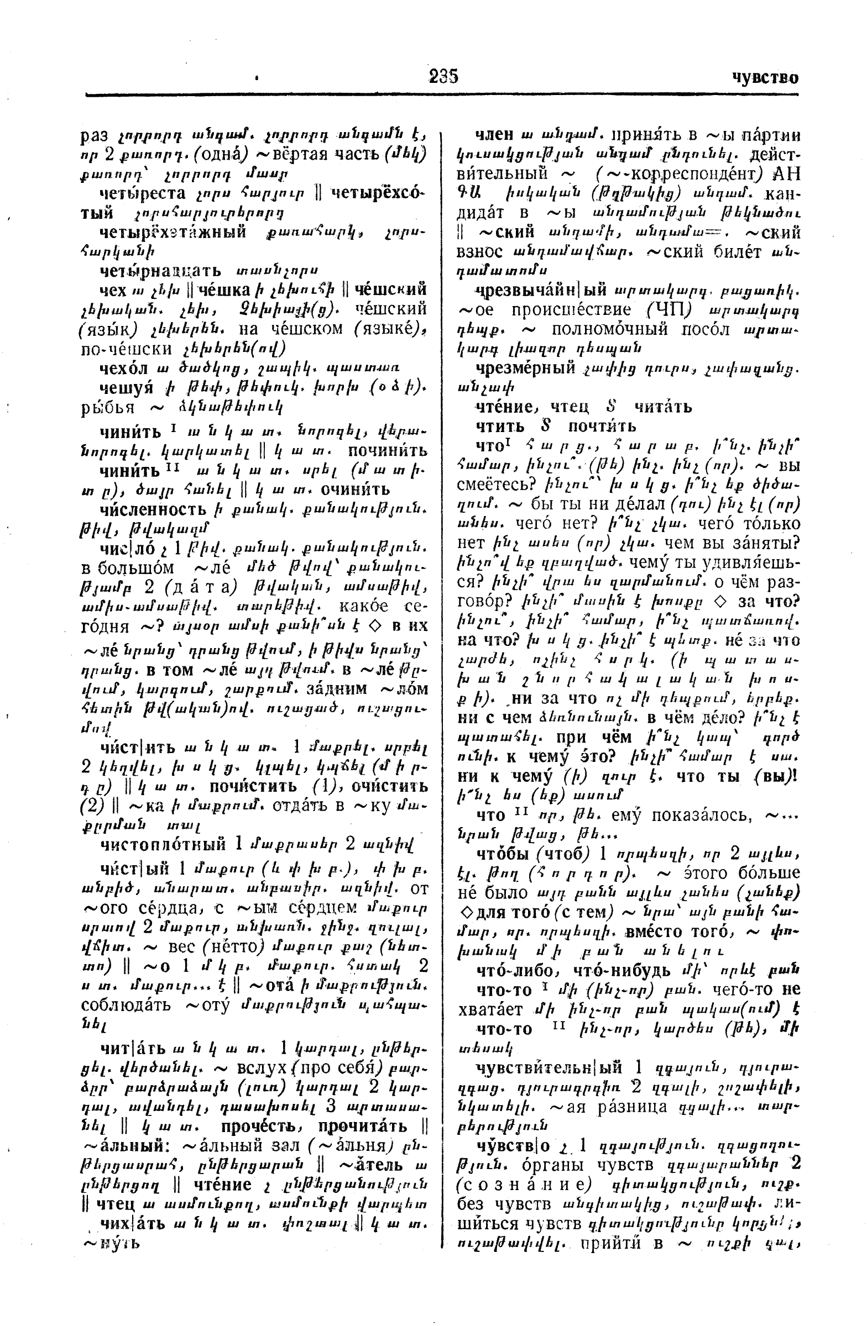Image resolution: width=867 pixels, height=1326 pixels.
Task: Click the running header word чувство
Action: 764,77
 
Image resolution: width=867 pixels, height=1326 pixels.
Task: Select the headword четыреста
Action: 142,193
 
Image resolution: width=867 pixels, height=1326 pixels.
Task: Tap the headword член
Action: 493,135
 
